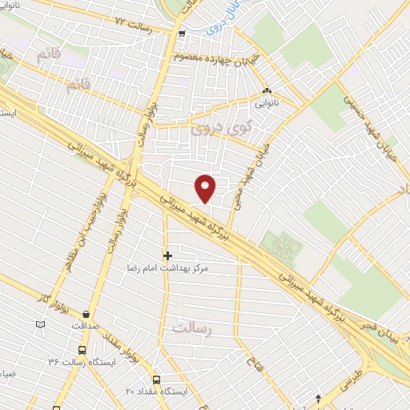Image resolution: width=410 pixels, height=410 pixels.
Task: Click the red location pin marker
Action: pos(206,188)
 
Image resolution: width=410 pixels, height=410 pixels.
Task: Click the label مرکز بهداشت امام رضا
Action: pos(172,270)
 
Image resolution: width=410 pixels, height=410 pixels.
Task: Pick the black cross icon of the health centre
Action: pos(167,256)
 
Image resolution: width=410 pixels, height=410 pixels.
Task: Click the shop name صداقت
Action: pos(84,327)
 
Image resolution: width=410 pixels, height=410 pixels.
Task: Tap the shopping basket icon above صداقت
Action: pos(85,314)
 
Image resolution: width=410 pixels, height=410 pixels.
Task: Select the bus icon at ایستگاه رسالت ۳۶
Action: pos(82,350)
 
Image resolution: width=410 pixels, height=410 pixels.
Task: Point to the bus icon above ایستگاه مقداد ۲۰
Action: pos(155,379)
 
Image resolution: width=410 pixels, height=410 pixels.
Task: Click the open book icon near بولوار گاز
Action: pos(41,324)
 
